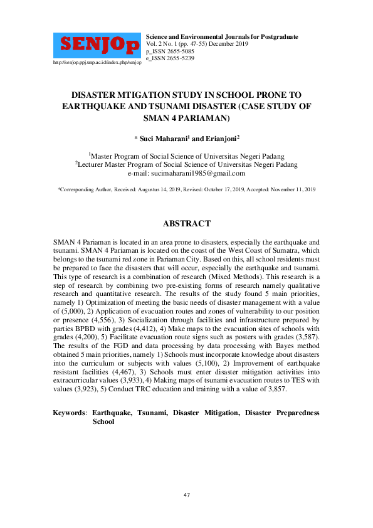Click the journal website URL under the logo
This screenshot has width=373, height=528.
97,63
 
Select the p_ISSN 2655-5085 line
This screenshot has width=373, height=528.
170,51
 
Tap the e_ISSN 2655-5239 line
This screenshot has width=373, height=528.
170,58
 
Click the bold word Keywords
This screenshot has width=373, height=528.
69,413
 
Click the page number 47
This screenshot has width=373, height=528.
186,495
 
